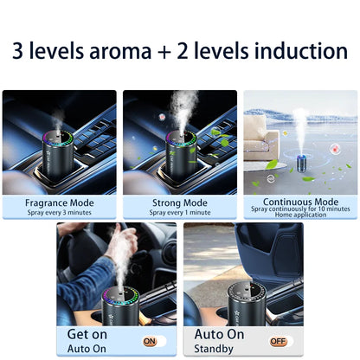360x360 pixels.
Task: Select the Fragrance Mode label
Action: [x=60, y=203]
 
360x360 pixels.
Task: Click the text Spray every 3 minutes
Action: [x=60, y=213]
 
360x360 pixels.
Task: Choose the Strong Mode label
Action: [x=179, y=203]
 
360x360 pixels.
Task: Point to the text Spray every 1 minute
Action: [x=179, y=213]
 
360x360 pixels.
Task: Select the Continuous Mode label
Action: [x=299, y=202]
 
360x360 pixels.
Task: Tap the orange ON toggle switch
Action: [x=151, y=341]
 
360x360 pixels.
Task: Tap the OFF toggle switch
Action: [x=277, y=341]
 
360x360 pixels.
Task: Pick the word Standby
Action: [x=215, y=348]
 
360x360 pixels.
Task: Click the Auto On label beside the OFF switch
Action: [x=219, y=333]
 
